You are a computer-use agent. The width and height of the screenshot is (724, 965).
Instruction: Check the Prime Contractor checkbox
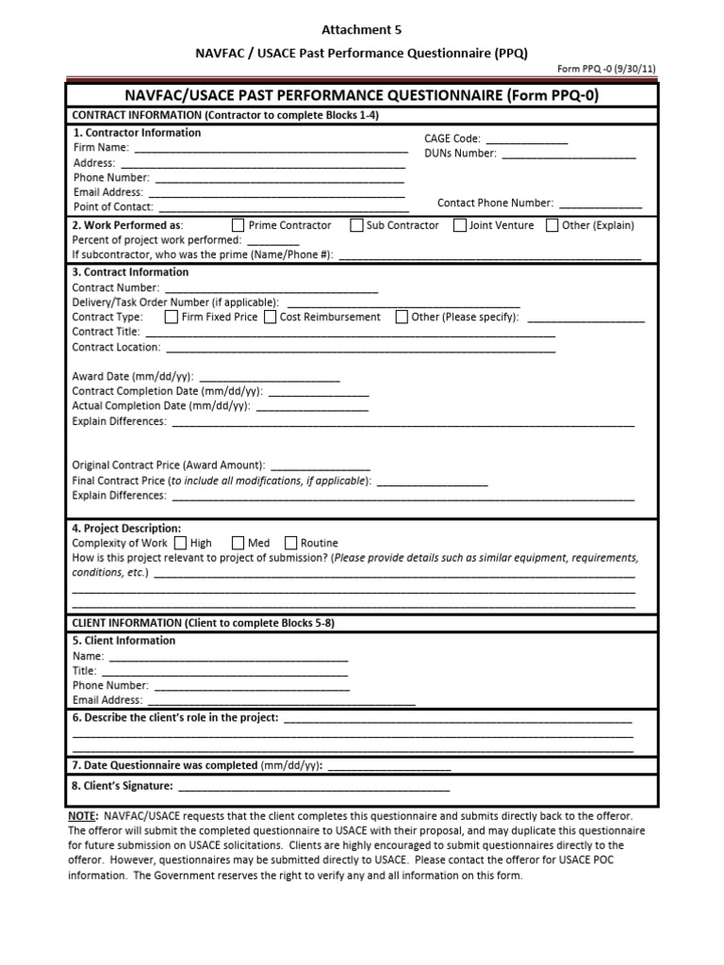coord(238,225)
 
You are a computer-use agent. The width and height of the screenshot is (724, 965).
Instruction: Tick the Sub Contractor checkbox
coord(356,225)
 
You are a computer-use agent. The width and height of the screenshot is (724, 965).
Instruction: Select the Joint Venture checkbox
coord(459,225)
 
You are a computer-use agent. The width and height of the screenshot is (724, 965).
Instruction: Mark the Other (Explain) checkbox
coord(551,225)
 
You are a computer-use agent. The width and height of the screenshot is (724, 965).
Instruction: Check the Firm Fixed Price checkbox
coord(171,317)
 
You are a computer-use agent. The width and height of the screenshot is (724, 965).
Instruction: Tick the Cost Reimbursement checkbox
coord(270,317)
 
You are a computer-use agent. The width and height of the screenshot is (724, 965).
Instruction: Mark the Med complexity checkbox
coord(238,543)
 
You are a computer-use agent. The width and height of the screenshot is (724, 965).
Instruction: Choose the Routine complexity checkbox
coord(290,543)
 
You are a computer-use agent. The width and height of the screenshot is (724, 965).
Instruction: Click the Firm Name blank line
coord(271,148)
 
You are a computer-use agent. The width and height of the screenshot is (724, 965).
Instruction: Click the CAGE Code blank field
coord(526,139)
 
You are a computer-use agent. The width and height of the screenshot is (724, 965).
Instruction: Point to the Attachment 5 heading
coord(362,30)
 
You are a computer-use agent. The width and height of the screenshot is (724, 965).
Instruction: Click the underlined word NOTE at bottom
coord(83,815)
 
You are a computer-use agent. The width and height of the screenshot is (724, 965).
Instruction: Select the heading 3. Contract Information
coord(131,272)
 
